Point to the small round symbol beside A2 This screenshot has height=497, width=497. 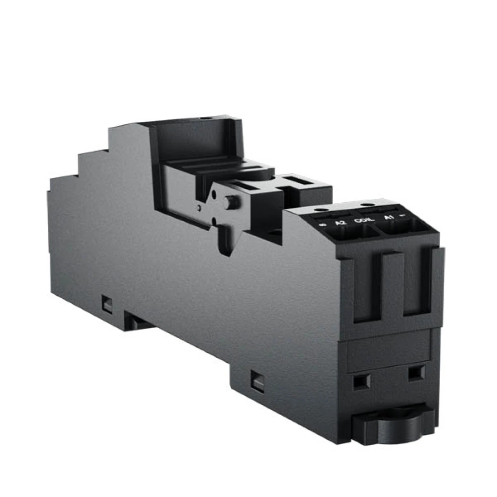324,225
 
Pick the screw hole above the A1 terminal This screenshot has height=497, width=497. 367,204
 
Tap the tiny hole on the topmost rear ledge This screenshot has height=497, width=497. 204,119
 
